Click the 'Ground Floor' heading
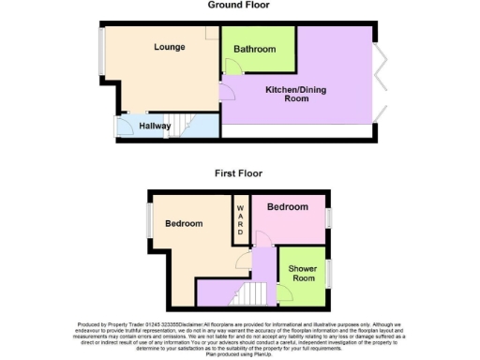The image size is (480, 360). (x=238, y=5)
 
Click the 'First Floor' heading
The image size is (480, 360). (x=238, y=173)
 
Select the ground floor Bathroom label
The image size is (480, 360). (x=255, y=49)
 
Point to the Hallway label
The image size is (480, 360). (x=155, y=125)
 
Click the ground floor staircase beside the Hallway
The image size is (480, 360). (x=199, y=125)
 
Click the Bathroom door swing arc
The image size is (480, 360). (x=233, y=66)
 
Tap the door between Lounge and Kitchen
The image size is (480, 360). (x=227, y=91)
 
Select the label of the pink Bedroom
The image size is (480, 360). (x=287, y=206)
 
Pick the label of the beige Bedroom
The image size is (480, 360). (x=184, y=223)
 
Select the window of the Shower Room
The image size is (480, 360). (x=328, y=273)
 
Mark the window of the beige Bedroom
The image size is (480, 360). (x=148, y=221)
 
